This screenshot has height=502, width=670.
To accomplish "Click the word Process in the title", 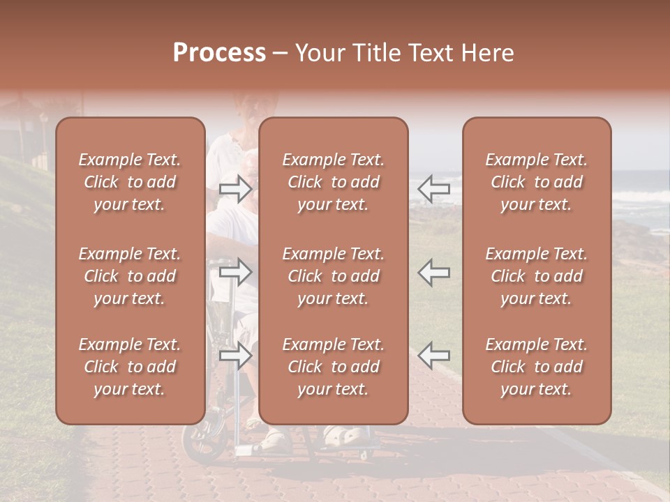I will click(x=219, y=53).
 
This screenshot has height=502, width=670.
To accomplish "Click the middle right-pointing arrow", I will click(x=235, y=272).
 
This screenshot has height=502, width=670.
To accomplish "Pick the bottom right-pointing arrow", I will click(x=235, y=356).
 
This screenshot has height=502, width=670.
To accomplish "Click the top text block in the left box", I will click(x=130, y=182).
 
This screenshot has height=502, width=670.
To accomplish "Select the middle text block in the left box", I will click(x=130, y=276).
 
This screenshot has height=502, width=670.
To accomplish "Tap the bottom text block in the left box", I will click(x=130, y=367).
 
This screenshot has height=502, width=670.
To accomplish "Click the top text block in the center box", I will click(x=333, y=182).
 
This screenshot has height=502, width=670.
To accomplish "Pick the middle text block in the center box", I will click(x=333, y=276).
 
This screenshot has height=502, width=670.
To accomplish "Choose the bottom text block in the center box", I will click(x=333, y=367).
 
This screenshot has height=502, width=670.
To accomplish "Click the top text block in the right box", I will click(x=536, y=182).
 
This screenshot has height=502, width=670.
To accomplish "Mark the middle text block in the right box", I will click(x=536, y=276).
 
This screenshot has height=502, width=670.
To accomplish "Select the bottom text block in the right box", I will click(x=536, y=367).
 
